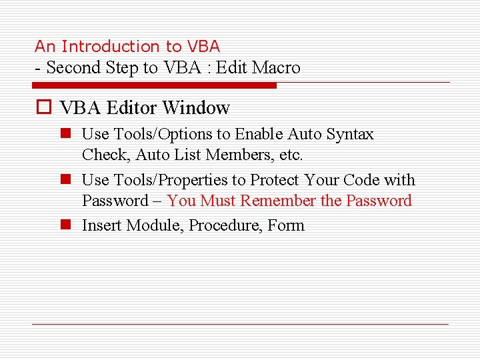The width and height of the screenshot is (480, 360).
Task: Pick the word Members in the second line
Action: pyautogui.click(x=235, y=155)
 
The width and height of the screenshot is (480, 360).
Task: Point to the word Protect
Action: pyautogui.click(x=275, y=180)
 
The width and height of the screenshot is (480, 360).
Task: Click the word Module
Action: pyautogui.click(x=153, y=225)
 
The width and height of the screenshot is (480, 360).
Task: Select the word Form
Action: pyautogui.click(x=286, y=225)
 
